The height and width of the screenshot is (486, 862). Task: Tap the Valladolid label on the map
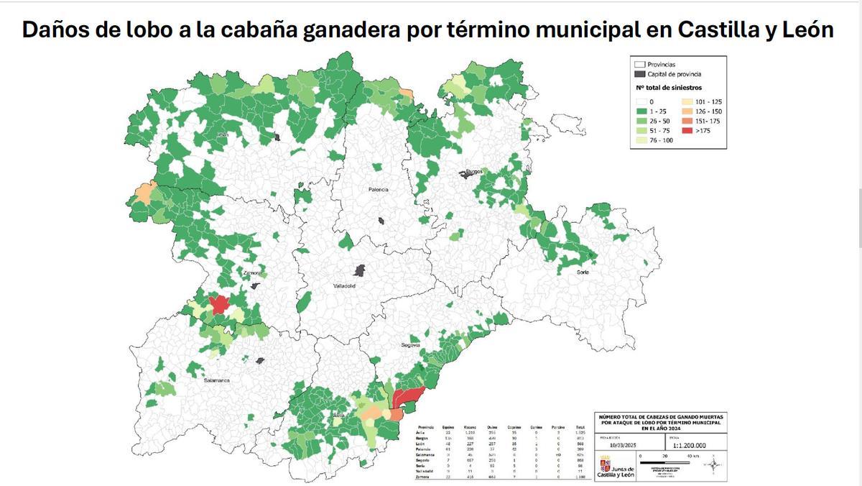345,285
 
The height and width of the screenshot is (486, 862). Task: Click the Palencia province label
378,189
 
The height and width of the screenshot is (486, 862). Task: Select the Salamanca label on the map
215,380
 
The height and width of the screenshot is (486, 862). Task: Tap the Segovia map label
410,345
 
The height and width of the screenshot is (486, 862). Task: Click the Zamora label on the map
251,273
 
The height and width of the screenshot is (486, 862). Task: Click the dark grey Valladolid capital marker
359,270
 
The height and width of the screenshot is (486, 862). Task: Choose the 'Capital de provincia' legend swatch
639,74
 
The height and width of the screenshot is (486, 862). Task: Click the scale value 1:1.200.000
690,445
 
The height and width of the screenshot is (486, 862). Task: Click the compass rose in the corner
713,465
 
